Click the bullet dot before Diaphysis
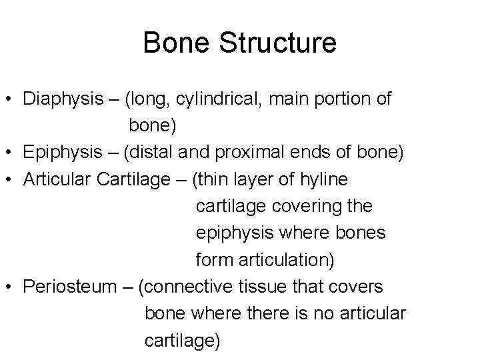pyautogui.click(x=10, y=100)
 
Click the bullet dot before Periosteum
pyautogui.click(x=10, y=287)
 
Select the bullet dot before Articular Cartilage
pyautogui.click(x=10, y=180)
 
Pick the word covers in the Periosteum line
pyautogui.click(x=359, y=287)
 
